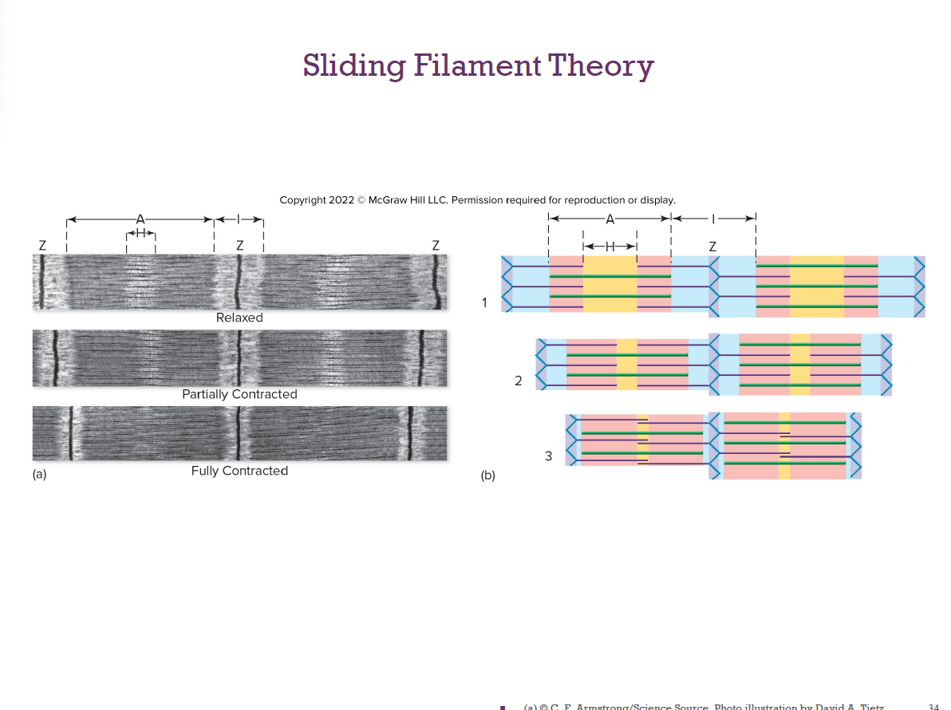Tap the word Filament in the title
tap(475, 65)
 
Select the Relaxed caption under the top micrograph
tap(239, 318)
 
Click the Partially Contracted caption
tap(239, 394)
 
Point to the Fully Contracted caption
tap(239, 471)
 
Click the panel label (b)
tap(487, 476)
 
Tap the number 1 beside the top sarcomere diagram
tap(484, 302)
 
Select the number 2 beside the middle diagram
tap(518, 381)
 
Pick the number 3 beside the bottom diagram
tap(548, 456)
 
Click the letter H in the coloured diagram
tap(610, 247)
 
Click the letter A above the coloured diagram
tap(610, 219)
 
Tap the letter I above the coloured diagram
tap(714, 218)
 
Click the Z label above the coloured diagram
tap(712, 247)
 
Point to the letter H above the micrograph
tap(140, 233)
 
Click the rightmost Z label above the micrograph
tap(436, 245)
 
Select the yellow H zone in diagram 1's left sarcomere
tap(610, 284)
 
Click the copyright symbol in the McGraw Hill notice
tap(361, 199)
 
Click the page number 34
tap(934, 706)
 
